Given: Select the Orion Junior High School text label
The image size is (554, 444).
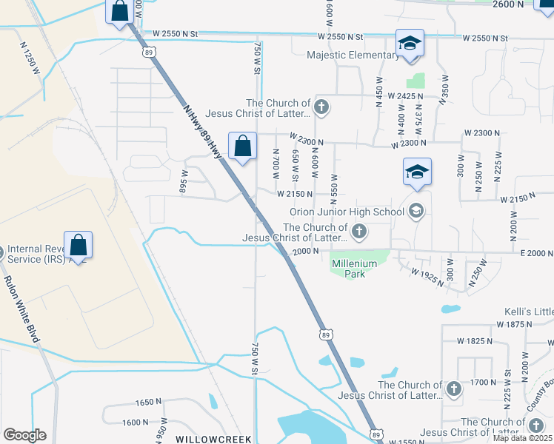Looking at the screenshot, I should click(347, 212).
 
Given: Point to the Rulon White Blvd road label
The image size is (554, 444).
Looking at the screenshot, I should click(22, 309).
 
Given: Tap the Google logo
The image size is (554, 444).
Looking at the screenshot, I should click(24, 435).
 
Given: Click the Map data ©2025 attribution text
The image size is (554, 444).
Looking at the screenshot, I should click(523, 438).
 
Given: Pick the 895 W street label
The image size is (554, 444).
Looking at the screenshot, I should click(184, 181).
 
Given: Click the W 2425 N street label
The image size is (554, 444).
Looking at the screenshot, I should click(398, 96).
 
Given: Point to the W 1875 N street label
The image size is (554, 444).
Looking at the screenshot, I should click(520, 325).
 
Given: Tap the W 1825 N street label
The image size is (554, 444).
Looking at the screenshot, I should click(479, 341).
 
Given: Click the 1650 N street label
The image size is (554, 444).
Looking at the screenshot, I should click(148, 402).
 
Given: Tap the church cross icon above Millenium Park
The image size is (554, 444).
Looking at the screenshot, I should click(359, 232).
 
